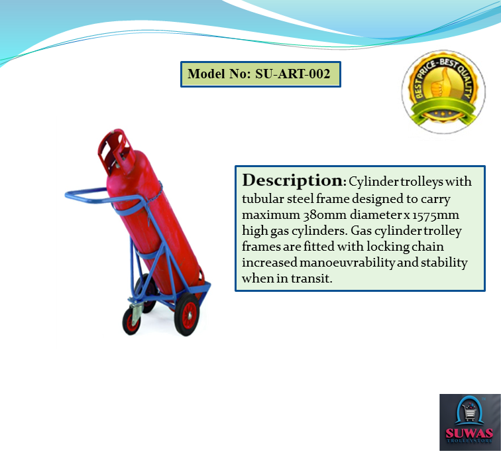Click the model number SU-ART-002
(x=292, y=74)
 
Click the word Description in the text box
(x=292, y=180)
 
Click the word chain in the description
(x=448, y=247)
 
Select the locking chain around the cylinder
(x=154, y=196)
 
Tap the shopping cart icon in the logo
(x=469, y=411)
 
